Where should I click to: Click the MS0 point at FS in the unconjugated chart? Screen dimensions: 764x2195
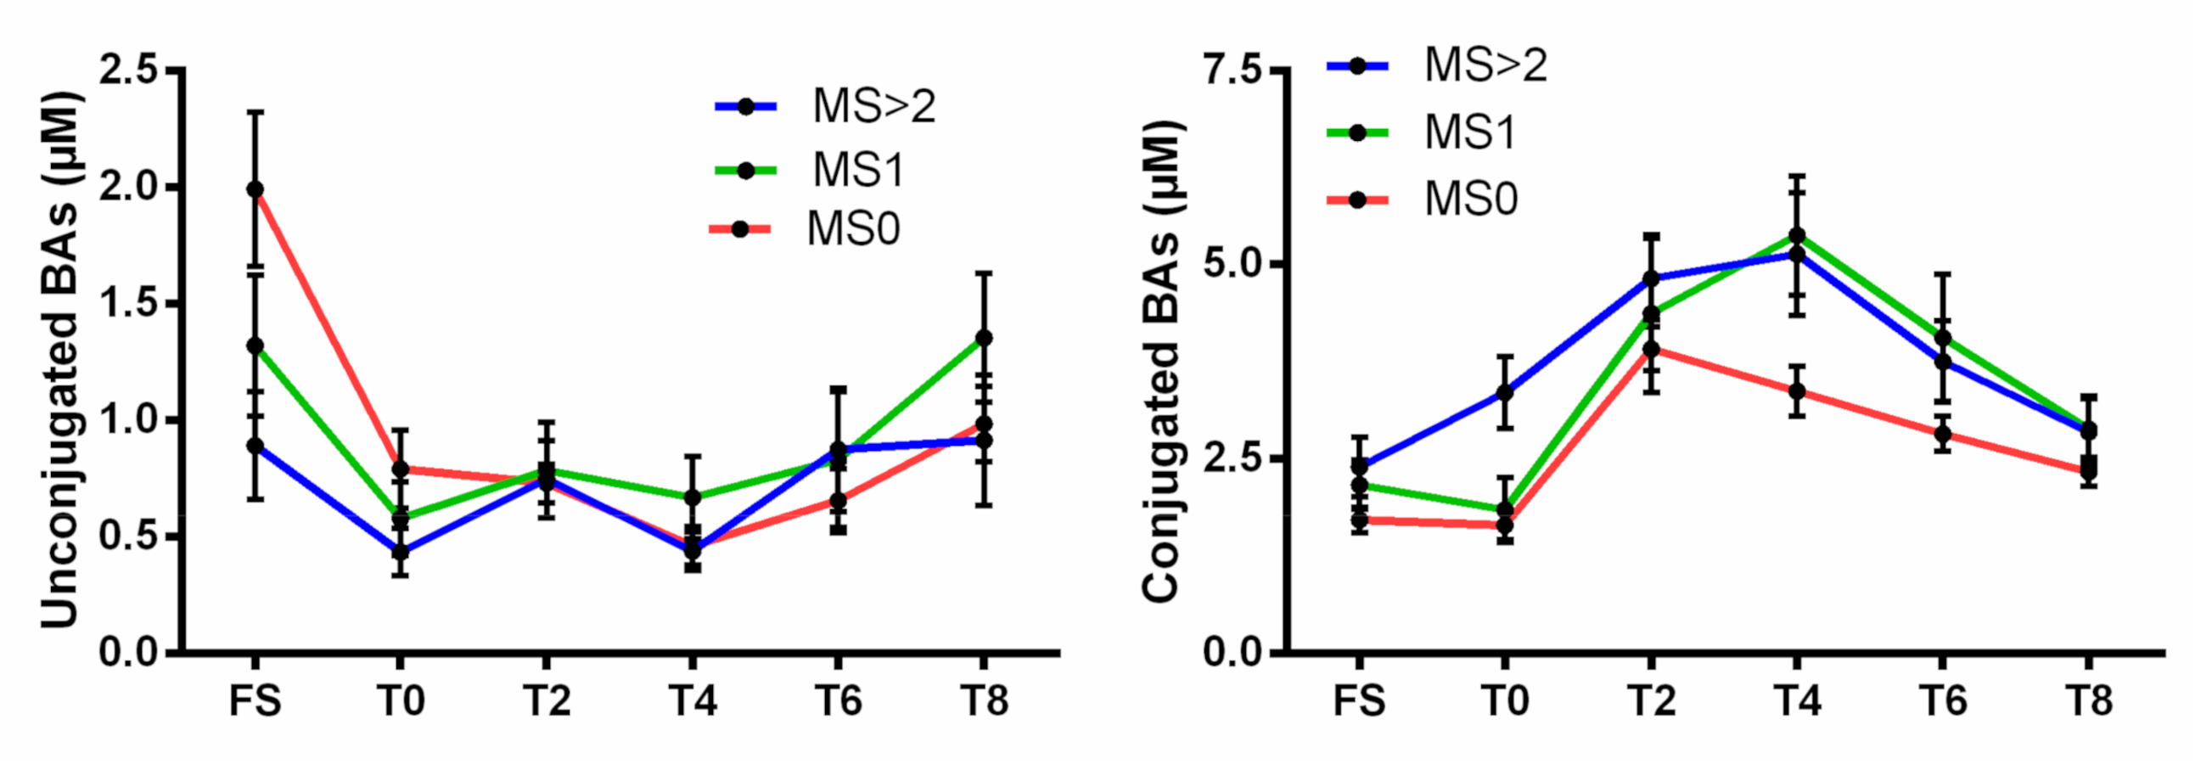click(255, 189)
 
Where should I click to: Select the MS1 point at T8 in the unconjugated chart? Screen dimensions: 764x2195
click(983, 338)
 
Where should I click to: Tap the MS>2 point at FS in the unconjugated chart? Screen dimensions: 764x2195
click(255, 446)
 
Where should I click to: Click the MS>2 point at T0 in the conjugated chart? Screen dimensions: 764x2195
click(1505, 393)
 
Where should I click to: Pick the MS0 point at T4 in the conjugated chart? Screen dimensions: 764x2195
click(1797, 392)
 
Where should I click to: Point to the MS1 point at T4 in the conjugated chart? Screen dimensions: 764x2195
click(1797, 235)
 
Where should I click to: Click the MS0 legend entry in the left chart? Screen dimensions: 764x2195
click(852, 229)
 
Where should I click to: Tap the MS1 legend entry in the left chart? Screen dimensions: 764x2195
click(856, 170)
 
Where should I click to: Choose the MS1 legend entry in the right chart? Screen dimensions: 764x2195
click(1470, 133)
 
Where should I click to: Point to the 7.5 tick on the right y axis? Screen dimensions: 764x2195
click(1232, 70)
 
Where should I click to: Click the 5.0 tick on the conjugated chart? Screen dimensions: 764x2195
click(1232, 264)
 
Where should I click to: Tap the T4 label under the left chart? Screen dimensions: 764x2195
click(692, 701)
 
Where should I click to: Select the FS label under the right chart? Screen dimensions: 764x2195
click(1358, 701)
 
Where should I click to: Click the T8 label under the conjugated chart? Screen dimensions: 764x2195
click(2089, 701)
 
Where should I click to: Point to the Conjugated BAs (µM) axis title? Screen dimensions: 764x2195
click(1161, 362)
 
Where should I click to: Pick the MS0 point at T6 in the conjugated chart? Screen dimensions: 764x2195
click(1943, 434)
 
